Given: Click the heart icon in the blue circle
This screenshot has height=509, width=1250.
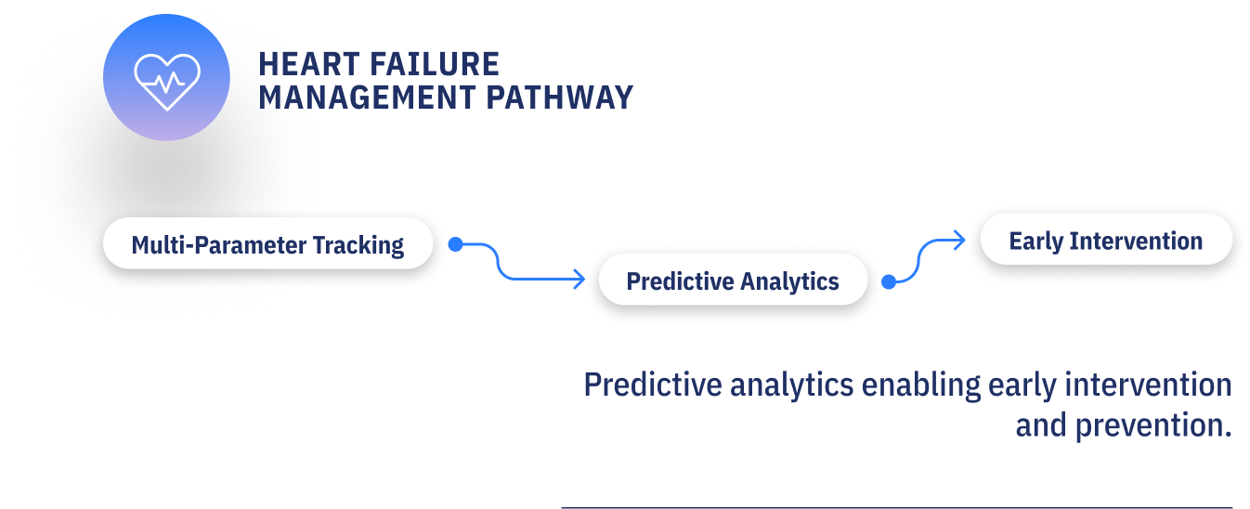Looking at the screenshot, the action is tap(167, 82).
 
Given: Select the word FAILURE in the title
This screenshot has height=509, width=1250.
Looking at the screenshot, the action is tap(434, 64).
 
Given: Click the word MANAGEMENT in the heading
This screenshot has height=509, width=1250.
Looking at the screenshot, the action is tap(367, 98).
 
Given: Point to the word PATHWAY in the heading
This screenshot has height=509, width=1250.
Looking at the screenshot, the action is tap(560, 98).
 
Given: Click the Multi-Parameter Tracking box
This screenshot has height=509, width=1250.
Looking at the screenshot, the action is tap(267, 244).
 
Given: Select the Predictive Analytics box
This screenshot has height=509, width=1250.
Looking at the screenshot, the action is tap(733, 281).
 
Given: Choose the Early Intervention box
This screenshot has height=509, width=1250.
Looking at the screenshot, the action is tap(1106, 240).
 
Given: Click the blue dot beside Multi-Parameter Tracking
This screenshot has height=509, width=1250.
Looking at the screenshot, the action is tap(455, 244).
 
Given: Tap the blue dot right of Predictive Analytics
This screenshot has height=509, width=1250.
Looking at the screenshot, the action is tap(889, 281).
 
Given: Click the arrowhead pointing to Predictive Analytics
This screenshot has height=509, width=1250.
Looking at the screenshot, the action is tap(579, 279).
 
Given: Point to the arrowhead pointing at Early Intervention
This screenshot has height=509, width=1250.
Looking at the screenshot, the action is tap(959, 241).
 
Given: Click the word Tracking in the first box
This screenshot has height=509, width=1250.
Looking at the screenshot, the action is tap(358, 245).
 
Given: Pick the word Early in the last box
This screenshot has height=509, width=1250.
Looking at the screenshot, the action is tap(1036, 241).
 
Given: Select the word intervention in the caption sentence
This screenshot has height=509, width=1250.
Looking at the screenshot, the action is tap(1148, 385).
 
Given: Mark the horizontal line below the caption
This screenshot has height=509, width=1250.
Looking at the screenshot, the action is tap(897, 507).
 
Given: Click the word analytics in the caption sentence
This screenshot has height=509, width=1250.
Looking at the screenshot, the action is tap(791, 386).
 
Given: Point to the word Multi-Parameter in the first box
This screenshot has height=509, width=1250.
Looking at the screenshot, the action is tap(219, 245).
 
